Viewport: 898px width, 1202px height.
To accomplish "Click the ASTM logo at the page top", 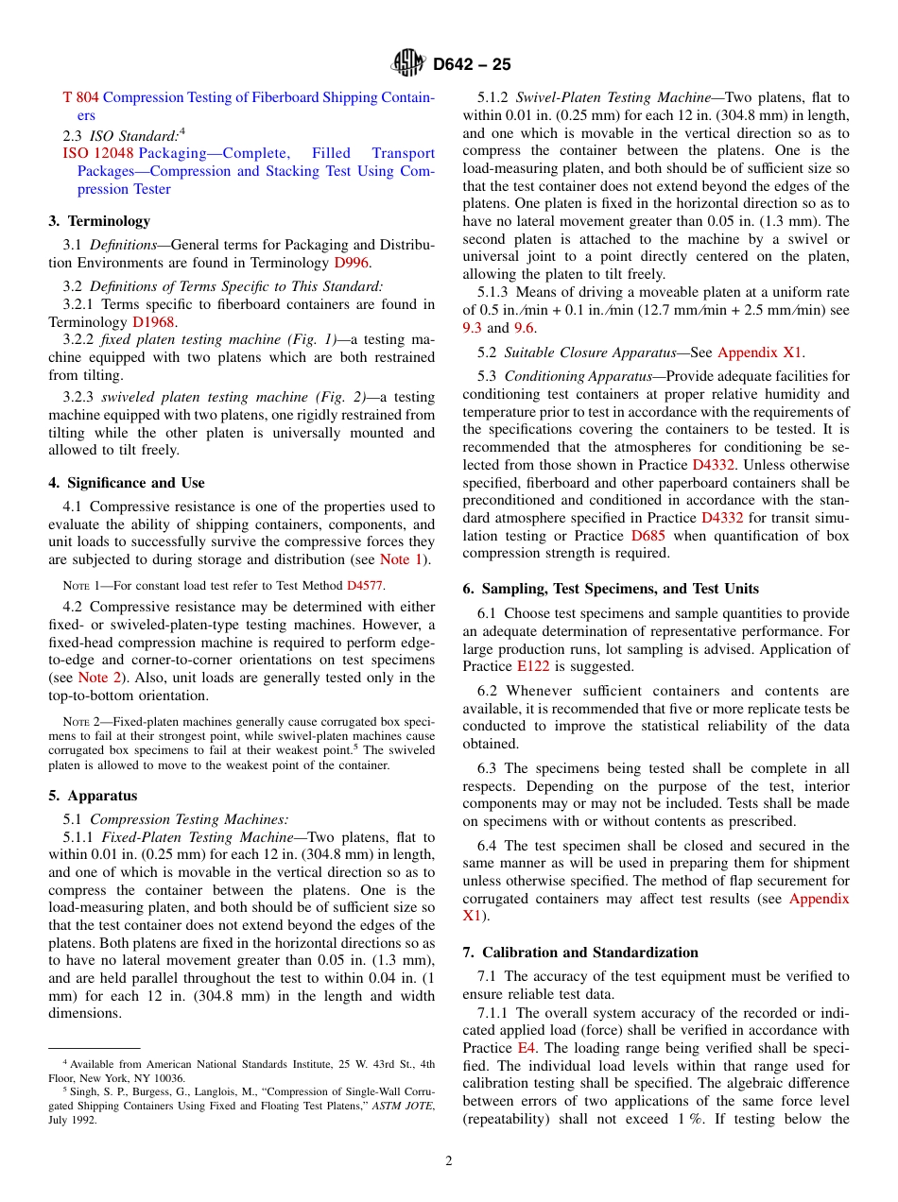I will click(408, 64).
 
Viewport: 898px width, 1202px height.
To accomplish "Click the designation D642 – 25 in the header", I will click(472, 65).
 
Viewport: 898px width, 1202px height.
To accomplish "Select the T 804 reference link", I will click(80, 97).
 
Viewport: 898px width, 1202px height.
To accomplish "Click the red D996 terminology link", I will click(352, 262).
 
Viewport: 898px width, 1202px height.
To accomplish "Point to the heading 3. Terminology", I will click(99, 221).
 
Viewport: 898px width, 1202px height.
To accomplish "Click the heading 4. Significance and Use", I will click(127, 483).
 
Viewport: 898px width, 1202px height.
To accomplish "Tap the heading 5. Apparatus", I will click(93, 796).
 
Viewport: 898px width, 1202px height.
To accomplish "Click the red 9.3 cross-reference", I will click(472, 327).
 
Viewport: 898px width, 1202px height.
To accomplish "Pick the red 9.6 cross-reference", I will click(524, 327).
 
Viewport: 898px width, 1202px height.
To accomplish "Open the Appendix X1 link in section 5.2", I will click(760, 352).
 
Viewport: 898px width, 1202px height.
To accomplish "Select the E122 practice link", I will click(534, 666).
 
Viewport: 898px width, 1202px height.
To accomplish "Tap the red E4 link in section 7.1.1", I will click(525, 1048).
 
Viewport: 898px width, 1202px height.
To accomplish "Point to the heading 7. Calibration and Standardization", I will click(580, 953).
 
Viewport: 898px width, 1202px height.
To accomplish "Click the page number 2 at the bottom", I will click(449, 1161).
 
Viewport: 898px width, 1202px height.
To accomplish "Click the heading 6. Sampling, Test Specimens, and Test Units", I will click(611, 589).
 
